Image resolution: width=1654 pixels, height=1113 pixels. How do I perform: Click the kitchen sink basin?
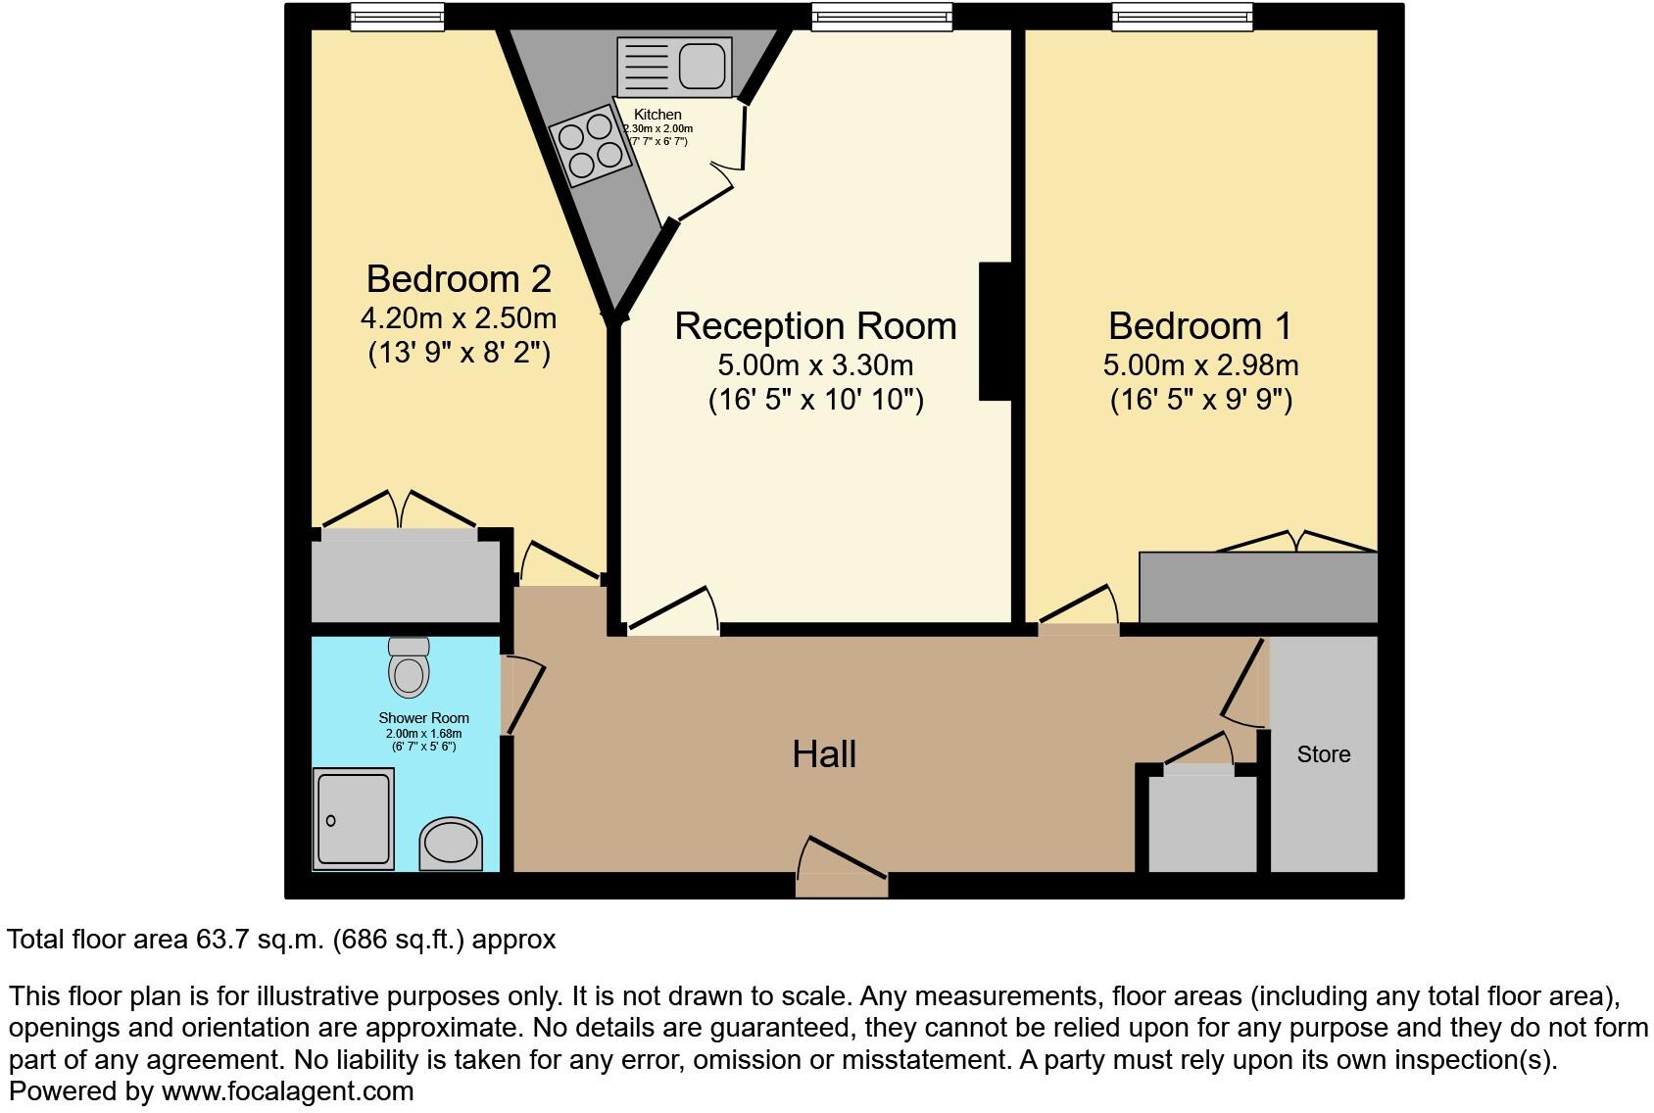coord(702,67)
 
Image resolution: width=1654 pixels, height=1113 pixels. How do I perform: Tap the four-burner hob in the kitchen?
coord(588,147)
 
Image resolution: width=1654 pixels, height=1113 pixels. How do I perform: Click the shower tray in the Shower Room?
coord(354,818)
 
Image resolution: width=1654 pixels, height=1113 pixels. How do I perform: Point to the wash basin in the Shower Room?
coord(452,846)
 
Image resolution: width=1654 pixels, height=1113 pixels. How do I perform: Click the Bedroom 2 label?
coord(459,279)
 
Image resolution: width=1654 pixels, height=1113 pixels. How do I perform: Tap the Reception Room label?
coord(815,326)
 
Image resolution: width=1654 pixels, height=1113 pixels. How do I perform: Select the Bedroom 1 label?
coord(1200,326)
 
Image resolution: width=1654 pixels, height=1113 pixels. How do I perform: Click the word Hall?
coord(824,754)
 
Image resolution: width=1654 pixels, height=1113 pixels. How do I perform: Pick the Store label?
coord(1324,754)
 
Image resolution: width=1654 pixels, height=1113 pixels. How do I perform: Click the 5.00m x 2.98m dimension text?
coord(1200,365)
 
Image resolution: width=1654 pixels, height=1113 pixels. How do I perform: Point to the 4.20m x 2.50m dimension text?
coord(459,318)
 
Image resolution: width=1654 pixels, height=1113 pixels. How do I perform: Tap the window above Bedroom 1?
coord(1182,17)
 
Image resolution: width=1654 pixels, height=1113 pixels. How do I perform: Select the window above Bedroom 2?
coord(397,17)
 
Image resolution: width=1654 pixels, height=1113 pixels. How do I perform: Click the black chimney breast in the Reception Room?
coord(996,331)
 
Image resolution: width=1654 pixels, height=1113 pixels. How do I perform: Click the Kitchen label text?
coord(657,115)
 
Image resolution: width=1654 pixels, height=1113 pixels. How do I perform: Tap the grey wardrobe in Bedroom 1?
coord(1258,586)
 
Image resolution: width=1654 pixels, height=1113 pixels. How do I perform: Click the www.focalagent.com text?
coord(287,1091)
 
